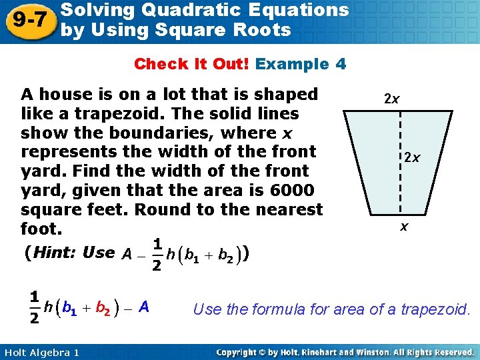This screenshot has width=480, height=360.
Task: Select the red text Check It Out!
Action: (192, 64)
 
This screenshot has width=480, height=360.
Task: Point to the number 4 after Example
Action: (341, 64)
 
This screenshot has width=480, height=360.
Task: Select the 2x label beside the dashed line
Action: (411, 158)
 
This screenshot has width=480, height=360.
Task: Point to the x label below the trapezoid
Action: (404, 227)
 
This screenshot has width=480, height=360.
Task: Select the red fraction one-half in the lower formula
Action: (33, 307)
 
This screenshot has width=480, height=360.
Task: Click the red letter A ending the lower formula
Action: (144, 307)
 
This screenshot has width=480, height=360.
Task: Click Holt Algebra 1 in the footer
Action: (40, 352)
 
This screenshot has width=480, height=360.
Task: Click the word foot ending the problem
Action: (42, 229)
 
